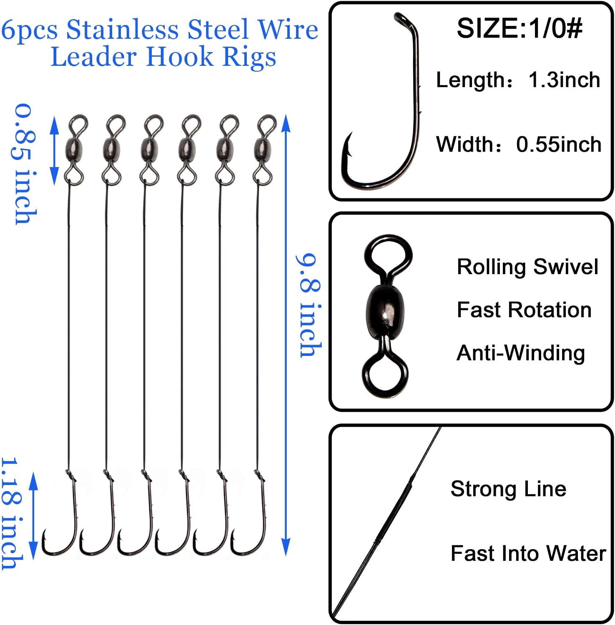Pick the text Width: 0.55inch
pyautogui.click(x=519, y=144)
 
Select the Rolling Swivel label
pyautogui.click(x=527, y=267)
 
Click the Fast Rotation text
pyautogui.click(x=524, y=310)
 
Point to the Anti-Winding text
pyautogui.click(x=521, y=353)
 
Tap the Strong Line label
pyautogui.click(x=508, y=488)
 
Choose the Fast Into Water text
pyautogui.click(x=528, y=553)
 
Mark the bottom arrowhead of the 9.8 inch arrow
pyautogui.click(x=286, y=547)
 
